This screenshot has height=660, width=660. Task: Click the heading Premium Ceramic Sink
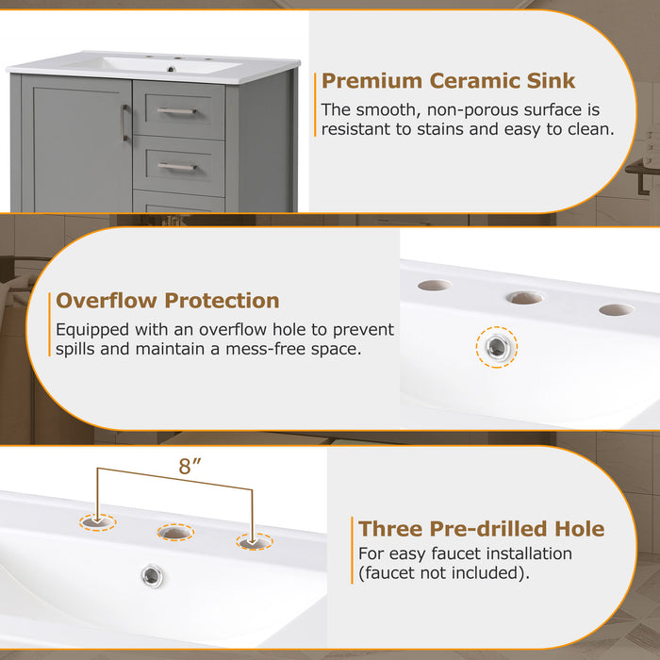(448, 81)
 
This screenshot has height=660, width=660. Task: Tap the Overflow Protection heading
(168, 301)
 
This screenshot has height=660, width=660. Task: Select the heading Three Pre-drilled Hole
(481, 528)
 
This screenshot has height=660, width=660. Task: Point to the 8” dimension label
(191, 466)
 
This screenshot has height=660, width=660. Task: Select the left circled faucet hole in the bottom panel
(96, 520)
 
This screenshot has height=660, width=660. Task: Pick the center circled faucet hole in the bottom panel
(175, 533)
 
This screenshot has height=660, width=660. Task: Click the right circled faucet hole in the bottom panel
(253, 542)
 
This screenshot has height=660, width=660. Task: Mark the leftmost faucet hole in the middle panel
(434, 285)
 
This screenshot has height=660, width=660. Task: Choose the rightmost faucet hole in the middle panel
(616, 309)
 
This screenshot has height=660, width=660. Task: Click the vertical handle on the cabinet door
(124, 123)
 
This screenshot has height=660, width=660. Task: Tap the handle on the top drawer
(176, 111)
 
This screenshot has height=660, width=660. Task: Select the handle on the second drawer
(176, 167)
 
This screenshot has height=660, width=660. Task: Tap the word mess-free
(261, 350)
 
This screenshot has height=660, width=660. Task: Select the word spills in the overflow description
(78, 350)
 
